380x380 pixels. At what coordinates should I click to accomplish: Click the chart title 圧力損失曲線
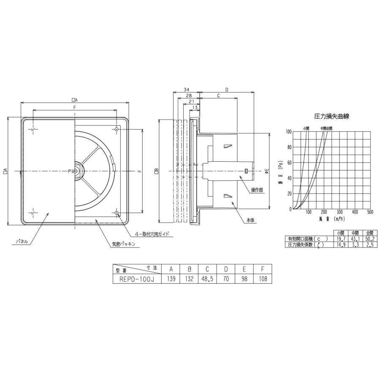click(x=332, y=115)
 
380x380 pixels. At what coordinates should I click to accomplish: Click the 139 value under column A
click(x=171, y=279)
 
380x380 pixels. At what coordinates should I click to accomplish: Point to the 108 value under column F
click(x=262, y=279)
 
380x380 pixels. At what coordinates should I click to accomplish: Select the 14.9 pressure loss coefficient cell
click(x=341, y=244)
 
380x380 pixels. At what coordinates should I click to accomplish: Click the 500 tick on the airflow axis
click(x=369, y=212)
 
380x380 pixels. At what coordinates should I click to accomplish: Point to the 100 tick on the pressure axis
click(x=288, y=132)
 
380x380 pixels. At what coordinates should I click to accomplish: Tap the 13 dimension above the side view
click(x=195, y=108)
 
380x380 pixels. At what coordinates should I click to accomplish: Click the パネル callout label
click(x=22, y=242)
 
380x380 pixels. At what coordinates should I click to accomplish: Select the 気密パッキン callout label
click(x=123, y=244)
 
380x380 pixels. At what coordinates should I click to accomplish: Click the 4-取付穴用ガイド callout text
click(x=152, y=233)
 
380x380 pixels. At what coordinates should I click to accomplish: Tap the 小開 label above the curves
click(x=306, y=128)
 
